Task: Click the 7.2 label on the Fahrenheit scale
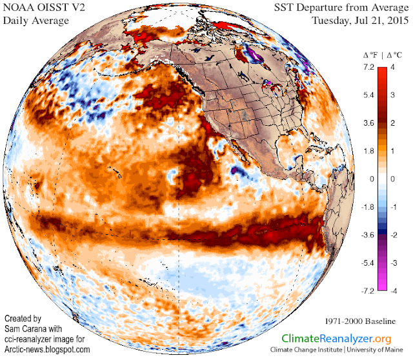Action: click(x=368, y=67)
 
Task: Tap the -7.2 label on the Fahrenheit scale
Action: click(x=368, y=291)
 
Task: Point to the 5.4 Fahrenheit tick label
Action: click(x=368, y=95)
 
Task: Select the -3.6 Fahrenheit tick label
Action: click(x=368, y=235)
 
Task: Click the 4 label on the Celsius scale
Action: click(x=392, y=67)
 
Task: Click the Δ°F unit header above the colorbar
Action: click(x=370, y=55)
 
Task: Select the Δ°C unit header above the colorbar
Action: click(x=394, y=55)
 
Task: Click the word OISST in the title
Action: click(x=50, y=7)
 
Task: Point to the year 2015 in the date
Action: click(x=398, y=20)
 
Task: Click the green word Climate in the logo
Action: click(x=300, y=339)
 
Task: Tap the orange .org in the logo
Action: click(x=382, y=339)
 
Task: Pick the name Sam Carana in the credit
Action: click(x=33, y=329)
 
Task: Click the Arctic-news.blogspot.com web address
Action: click(x=47, y=350)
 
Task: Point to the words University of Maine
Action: click(x=374, y=350)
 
